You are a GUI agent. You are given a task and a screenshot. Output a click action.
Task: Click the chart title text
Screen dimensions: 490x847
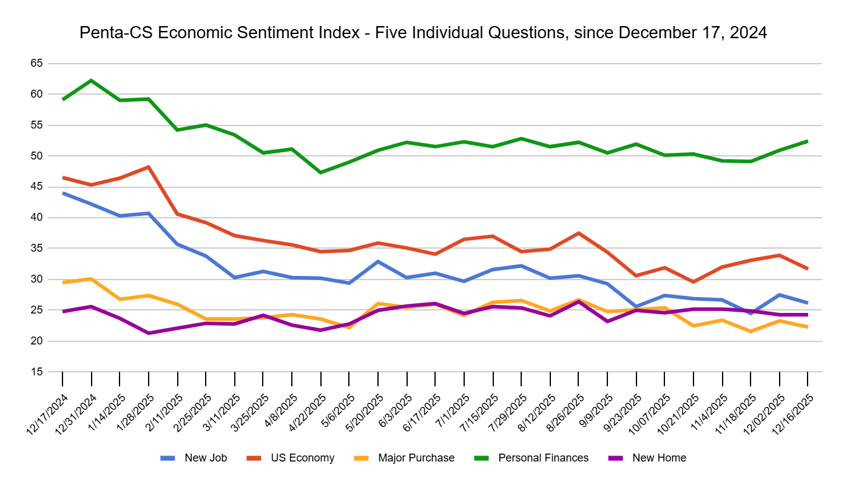(x=423, y=33)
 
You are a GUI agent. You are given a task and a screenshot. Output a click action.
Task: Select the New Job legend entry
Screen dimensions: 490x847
(x=205, y=458)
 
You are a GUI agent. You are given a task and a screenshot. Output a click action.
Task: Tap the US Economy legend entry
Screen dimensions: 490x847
(x=302, y=458)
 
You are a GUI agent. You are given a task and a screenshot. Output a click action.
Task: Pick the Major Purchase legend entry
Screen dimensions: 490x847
(x=416, y=458)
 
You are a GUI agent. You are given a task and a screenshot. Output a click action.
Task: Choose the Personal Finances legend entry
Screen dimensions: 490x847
(x=543, y=458)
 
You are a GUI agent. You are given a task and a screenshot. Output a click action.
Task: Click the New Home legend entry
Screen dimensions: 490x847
(x=659, y=458)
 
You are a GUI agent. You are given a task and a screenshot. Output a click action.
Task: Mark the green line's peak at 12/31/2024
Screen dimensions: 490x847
(x=92, y=80)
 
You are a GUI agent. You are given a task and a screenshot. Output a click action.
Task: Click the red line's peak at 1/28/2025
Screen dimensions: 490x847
(x=149, y=167)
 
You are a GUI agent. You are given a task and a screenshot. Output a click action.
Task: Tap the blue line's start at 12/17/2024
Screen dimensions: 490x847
(x=63, y=193)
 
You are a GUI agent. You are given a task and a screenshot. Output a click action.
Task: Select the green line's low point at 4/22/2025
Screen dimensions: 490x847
(x=320, y=172)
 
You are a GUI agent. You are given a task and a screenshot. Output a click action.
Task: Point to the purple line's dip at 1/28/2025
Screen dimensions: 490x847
(x=149, y=333)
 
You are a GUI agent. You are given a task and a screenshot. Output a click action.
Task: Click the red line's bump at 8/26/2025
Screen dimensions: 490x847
(x=579, y=233)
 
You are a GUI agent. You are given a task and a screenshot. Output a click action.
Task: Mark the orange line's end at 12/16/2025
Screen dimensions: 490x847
(x=807, y=327)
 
